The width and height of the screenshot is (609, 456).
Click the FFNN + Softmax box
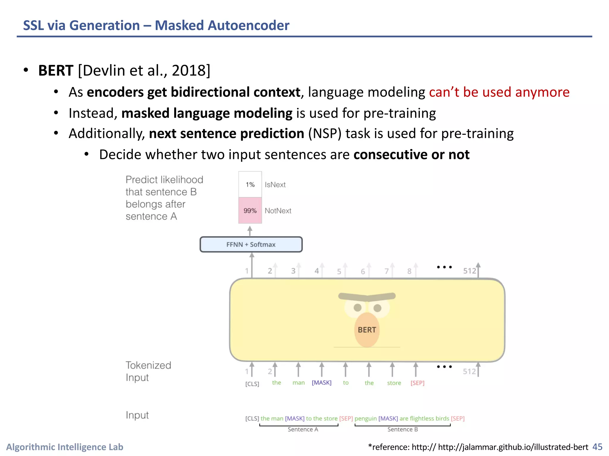coord(251,244)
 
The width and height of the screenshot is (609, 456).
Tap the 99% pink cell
coord(250,210)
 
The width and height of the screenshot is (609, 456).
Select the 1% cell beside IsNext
coord(250,184)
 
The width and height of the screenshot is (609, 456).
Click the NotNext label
coord(278,211)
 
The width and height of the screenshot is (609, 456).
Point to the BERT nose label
coord(367,330)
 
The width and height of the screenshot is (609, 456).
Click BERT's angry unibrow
coord(367,297)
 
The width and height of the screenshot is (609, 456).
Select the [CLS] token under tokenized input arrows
coord(252,384)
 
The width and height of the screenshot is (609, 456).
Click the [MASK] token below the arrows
coord(321,383)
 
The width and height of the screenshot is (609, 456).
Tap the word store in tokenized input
coord(394,383)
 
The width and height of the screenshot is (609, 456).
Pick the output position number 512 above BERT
coord(470,271)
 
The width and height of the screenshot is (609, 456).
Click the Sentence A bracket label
coord(303,429)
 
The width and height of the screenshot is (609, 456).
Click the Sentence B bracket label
coord(402,429)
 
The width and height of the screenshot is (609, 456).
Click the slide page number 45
coord(597,447)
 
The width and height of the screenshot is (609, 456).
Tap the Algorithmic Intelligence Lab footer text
coord(65,447)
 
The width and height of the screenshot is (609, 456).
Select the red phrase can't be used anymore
coord(499,92)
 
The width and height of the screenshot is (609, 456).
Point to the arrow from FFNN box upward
coord(250,230)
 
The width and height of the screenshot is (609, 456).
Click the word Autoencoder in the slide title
coord(248,25)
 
